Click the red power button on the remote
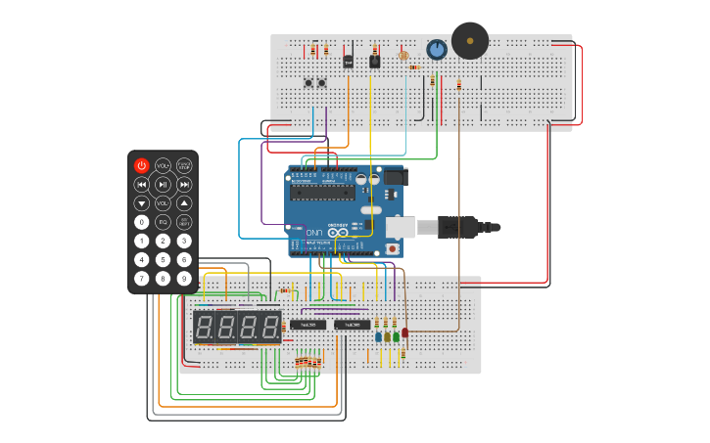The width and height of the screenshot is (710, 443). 141,166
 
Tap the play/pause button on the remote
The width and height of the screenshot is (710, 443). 163,184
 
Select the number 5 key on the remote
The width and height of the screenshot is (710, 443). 163,259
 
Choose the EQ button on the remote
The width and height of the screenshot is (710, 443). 163,222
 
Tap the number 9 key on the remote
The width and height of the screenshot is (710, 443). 184,278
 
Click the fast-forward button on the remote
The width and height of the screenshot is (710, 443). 184,184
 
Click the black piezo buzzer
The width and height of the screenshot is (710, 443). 469,41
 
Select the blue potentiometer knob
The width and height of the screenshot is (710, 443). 437,49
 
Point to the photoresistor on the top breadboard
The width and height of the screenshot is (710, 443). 403,55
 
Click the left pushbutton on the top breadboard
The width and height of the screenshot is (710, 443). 309,82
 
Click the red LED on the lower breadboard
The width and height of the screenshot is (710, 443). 404,332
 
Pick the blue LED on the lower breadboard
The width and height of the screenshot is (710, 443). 378,336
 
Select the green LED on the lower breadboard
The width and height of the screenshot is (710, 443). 396,336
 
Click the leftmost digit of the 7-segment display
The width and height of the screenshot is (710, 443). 205,327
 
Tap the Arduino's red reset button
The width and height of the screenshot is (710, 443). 393,248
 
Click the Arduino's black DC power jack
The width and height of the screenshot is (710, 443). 393,177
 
